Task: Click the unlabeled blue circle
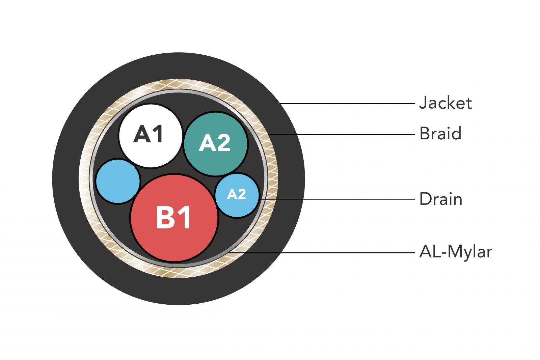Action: tap(118, 181)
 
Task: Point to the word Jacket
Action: tap(445, 103)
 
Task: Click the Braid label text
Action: tap(440, 134)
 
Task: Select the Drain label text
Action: tap(440, 199)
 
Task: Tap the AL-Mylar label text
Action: tap(455, 252)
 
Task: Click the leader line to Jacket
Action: tap(348, 104)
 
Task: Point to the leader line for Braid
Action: tap(341, 134)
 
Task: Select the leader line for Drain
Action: tap(337, 199)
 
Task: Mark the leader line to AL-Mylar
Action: tap(321, 252)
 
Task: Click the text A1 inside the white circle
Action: tap(148, 134)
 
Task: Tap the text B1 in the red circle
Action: tap(174, 218)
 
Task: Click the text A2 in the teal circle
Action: tap(215, 143)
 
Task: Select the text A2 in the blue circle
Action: tap(236, 194)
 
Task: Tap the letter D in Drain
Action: tap(425, 199)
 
